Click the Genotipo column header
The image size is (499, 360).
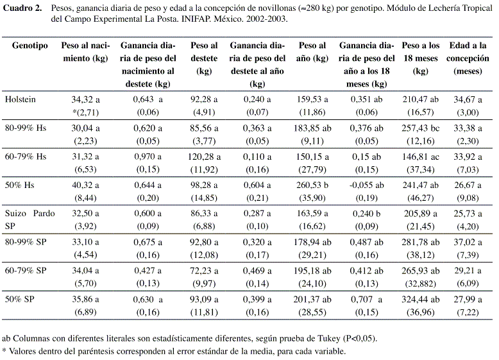30,46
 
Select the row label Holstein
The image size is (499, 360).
21,99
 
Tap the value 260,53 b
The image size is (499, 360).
312,185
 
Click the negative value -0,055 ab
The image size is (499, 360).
367,185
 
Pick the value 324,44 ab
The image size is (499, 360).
420,299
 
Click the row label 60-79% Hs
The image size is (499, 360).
26,157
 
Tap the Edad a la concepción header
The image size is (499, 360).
468,58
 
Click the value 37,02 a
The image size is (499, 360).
468,242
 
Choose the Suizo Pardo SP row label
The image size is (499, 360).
30,219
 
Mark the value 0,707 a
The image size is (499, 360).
367,299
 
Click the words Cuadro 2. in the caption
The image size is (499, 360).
22,8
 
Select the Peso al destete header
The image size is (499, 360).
204,58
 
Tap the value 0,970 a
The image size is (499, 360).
148,157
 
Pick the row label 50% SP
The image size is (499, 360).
19,299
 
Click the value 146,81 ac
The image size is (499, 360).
420,157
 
